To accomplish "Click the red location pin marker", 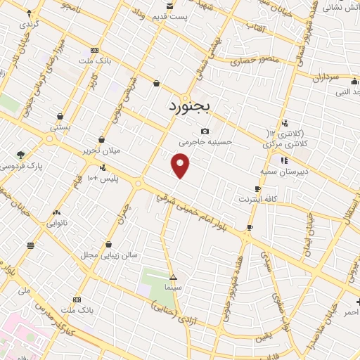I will coord(181,166).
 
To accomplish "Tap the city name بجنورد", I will coord(195,108).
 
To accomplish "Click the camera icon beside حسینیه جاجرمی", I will coord(205,131).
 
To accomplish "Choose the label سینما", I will coord(173,288).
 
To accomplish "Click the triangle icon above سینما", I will coord(173,277).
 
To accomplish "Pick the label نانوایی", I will coord(56,223).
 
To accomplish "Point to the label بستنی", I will coord(60,127).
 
